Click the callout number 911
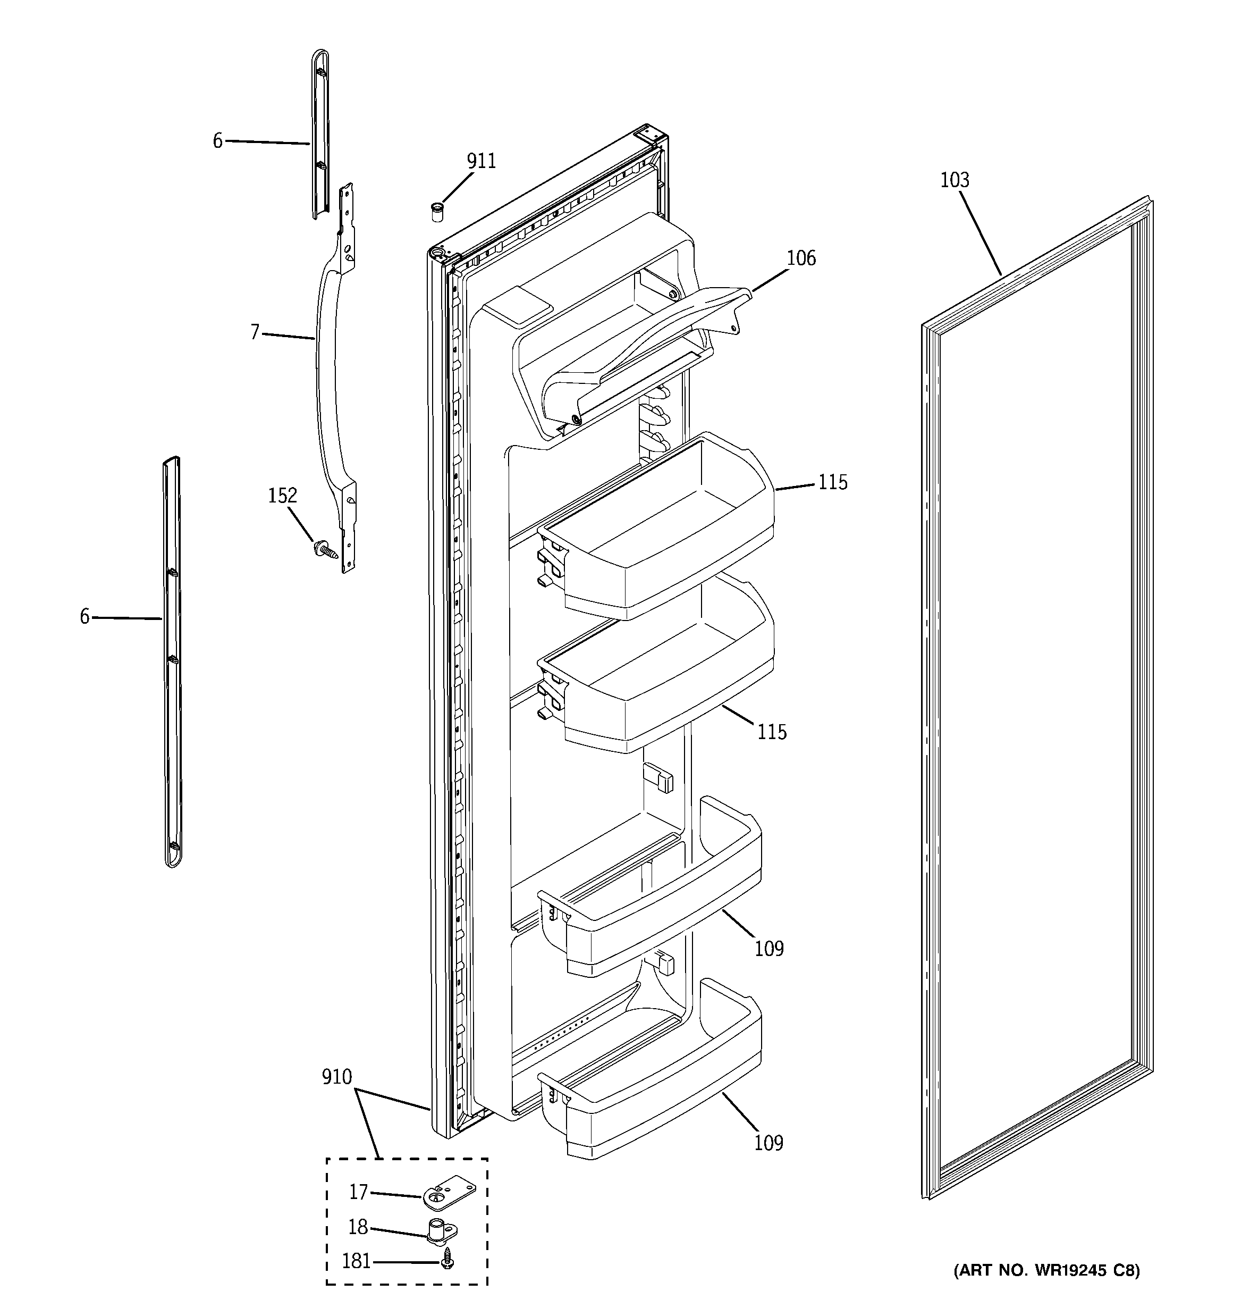481,162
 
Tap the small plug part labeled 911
437,213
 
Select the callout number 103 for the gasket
955,180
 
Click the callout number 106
801,258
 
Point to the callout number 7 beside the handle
255,332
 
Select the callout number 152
282,496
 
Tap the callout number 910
337,1078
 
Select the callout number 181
356,1262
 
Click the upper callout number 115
832,483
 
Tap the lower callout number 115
772,732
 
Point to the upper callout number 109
769,949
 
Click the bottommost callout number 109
769,1143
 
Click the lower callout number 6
85,617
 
